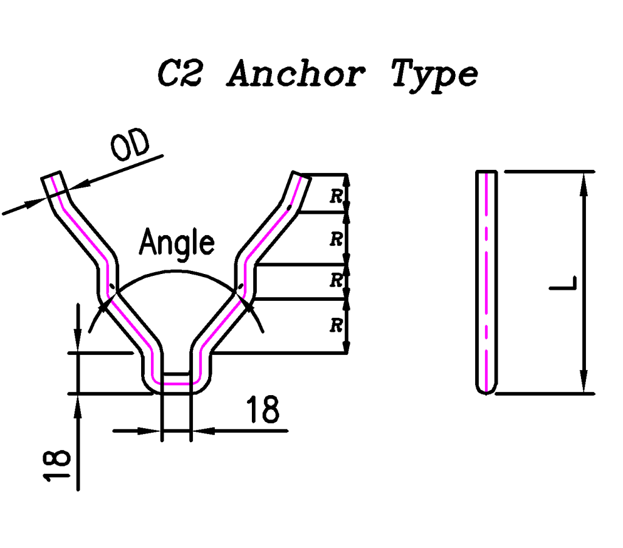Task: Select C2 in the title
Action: (180, 74)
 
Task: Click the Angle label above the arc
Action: (176, 243)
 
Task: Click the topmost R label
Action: (335, 196)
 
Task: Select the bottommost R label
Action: (335, 326)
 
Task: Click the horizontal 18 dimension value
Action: (263, 410)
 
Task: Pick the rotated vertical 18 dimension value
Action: (58, 466)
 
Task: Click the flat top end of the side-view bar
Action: (486, 172)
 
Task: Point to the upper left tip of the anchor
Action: (52, 177)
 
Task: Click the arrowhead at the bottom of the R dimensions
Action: (346, 346)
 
